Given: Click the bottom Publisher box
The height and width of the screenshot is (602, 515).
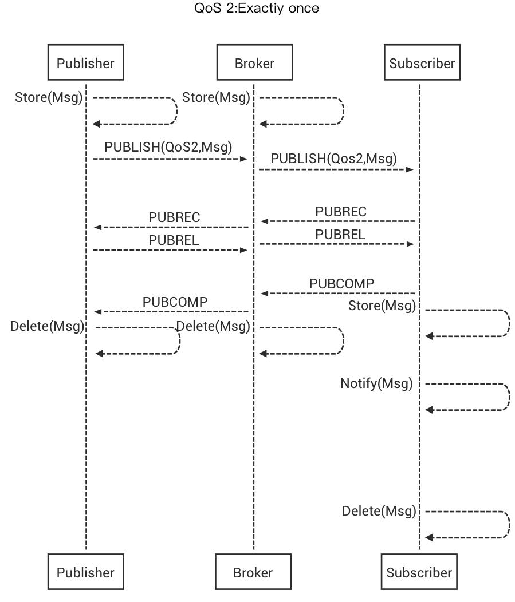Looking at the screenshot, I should pos(85,572).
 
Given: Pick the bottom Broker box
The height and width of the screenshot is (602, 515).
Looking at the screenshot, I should pos(253,572).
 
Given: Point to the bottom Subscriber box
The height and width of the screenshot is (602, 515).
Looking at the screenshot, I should pos(419,572).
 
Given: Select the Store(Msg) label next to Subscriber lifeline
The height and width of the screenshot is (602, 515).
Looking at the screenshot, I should pos(382,306).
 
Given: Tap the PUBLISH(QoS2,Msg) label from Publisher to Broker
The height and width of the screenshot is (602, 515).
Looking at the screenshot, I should pos(168,146).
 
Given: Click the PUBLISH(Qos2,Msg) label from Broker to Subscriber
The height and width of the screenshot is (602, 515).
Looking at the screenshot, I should pos(333,158).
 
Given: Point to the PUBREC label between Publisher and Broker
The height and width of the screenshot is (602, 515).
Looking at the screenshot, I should pos(174,218).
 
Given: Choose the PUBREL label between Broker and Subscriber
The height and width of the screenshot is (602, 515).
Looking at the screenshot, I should pos(340,235).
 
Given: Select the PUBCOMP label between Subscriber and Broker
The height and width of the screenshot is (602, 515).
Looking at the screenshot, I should pos(342,283).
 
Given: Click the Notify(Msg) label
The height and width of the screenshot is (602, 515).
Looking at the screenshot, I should pos(376,383).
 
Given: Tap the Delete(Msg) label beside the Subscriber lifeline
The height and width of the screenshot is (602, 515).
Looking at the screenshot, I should pos(379,511).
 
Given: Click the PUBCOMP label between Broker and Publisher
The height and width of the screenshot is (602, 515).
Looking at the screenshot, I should pos(175,302).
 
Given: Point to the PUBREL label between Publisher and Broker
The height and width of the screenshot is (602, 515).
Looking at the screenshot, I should pos(174,241).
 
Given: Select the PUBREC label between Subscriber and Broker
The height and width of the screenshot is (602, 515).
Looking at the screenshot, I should pos(340,212).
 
